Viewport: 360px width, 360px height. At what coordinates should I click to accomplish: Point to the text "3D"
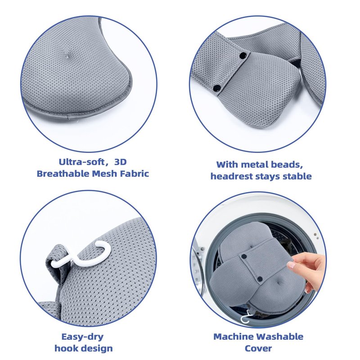coord(120,162)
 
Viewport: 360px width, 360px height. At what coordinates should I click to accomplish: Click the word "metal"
coord(256,165)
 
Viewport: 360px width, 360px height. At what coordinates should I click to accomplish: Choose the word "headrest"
coord(232,176)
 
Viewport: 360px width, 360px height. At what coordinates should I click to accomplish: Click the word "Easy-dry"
coord(82,337)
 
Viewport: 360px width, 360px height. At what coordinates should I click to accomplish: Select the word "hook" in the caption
coord(64,348)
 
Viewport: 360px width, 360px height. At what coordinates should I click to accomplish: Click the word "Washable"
coord(279,337)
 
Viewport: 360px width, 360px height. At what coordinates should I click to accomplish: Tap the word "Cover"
coord(258,348)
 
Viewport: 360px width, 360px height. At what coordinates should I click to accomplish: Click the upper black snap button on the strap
coord(243,55)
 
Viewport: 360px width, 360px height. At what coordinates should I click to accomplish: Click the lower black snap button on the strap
coord(216,87)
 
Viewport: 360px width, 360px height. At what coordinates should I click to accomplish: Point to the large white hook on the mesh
coord(81,254)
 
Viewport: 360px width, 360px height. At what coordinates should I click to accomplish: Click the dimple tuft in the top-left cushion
coord(67,56)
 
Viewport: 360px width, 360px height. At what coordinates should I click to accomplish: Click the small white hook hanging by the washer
coord(245,317)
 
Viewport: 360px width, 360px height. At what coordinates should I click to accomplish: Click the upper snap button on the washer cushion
coord(244,256)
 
